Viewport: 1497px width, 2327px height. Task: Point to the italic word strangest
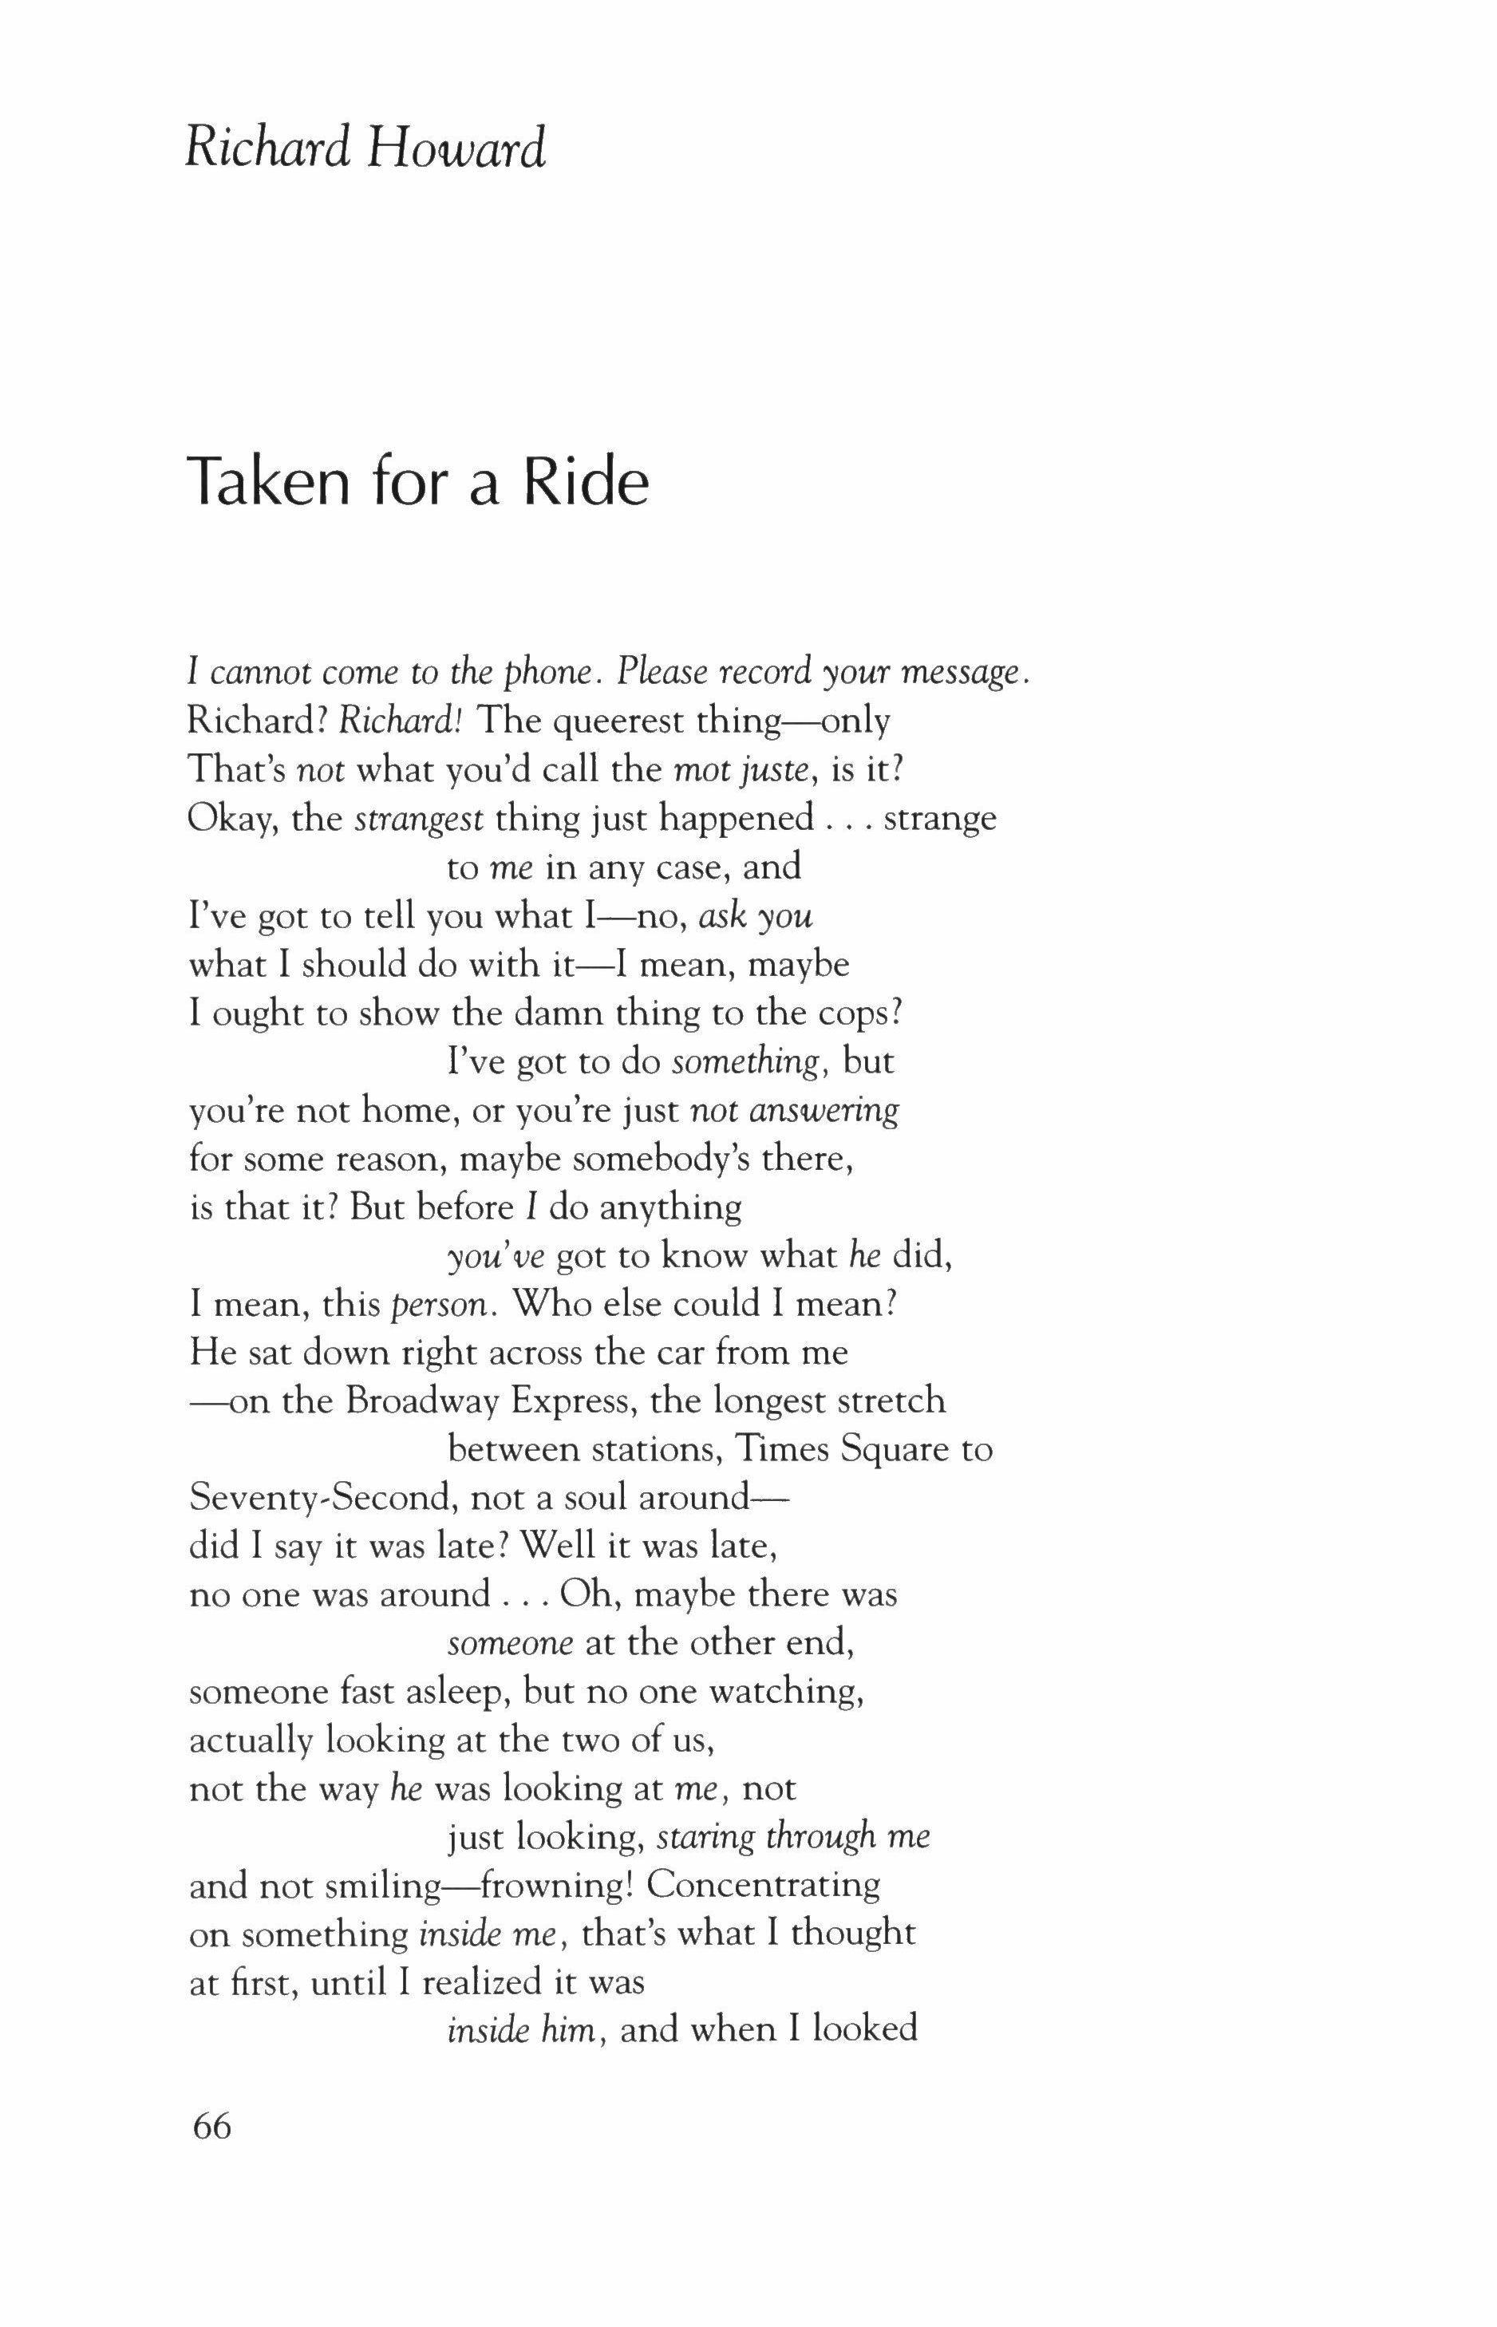click(419, 819)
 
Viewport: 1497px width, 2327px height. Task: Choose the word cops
click(855, 1013)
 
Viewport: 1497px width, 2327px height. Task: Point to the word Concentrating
click(763, 1885)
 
